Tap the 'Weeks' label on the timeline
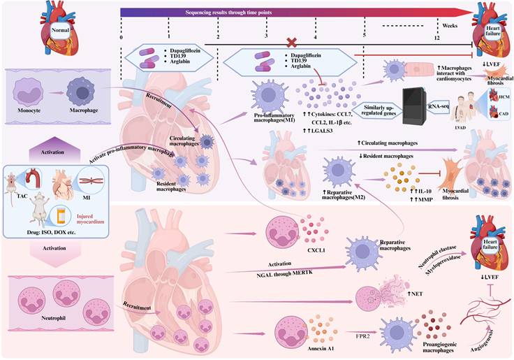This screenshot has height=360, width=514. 449,24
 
